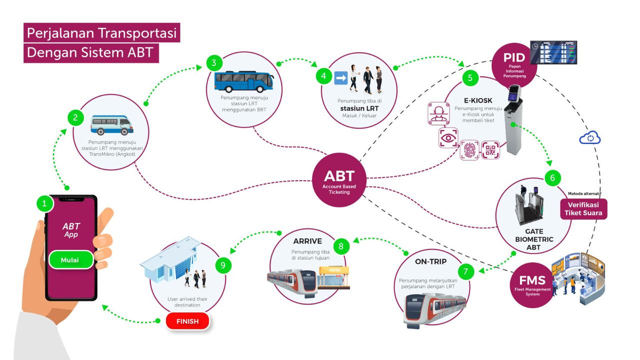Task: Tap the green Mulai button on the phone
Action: (70, 260)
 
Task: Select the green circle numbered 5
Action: (470, 78)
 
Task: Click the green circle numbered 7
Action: (465, 272)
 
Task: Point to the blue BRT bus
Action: (244, 82)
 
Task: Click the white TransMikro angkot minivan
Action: (112, 125)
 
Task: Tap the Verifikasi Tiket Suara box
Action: (583, 208)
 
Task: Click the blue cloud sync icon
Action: (590, 138)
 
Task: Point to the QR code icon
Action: (491, 150)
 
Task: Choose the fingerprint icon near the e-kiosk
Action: (469, 150)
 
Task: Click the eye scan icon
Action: (448, 138)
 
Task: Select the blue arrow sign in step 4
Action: (340, 77)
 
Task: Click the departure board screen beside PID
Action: (553, 52)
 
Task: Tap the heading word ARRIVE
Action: (307, 241)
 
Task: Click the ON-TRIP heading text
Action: (430, 261)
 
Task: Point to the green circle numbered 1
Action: (44, 203)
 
